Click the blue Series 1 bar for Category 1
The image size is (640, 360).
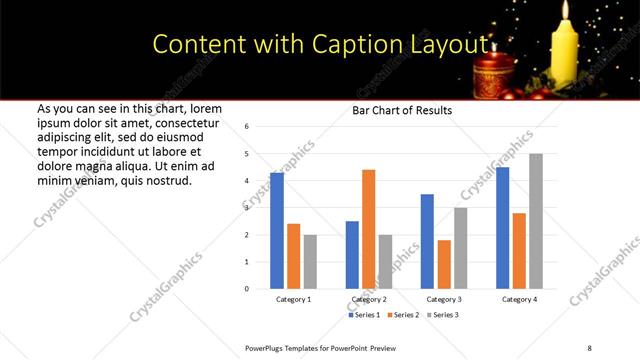coord(277,231)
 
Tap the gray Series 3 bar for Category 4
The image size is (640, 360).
coord(536,221)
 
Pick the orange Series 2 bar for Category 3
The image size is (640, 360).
coord(444,264)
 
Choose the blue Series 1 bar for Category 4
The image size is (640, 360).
coord(502,228)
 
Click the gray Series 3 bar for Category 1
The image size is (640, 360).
coord(311,262)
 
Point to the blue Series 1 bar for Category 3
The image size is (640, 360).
coord(427,241)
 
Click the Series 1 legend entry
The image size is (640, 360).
coord(364,315)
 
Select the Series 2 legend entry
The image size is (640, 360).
coord(403,315)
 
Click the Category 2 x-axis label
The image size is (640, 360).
coord(369,299)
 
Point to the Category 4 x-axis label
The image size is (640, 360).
coord(519,299)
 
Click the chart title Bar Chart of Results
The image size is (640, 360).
coord(402,110)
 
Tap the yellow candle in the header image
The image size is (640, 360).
coord(568,50)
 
